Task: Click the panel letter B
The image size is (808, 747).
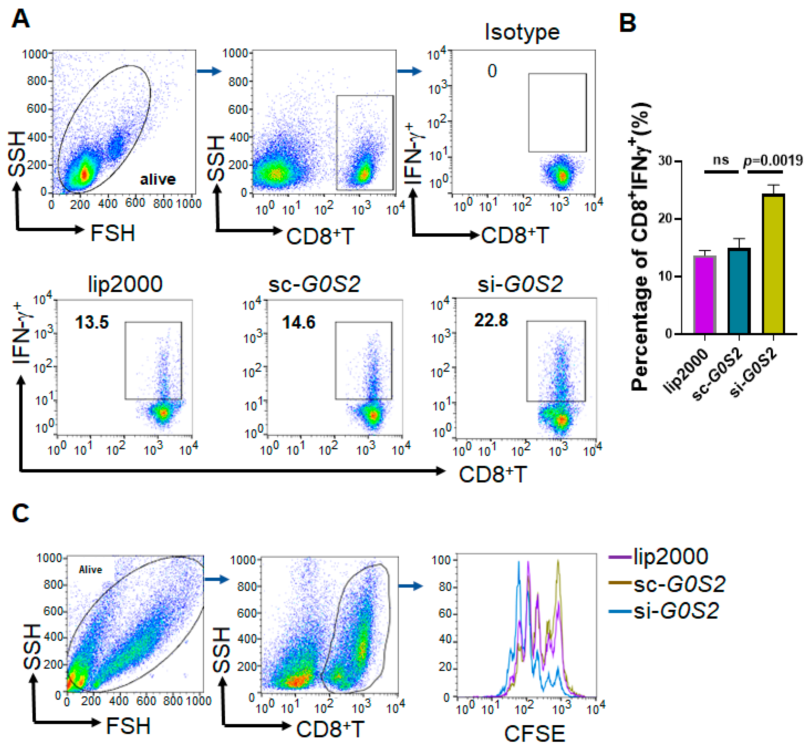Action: [x=628, y=23]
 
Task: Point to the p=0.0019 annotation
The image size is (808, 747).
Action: [x=773, y=161]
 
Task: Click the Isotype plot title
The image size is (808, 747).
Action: [x=522, y=32]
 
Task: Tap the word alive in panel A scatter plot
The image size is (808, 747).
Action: [x=158, y=179]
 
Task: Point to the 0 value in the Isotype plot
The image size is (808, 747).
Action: [x=492, y=71]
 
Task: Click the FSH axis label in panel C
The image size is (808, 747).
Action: [x=128, y=726]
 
